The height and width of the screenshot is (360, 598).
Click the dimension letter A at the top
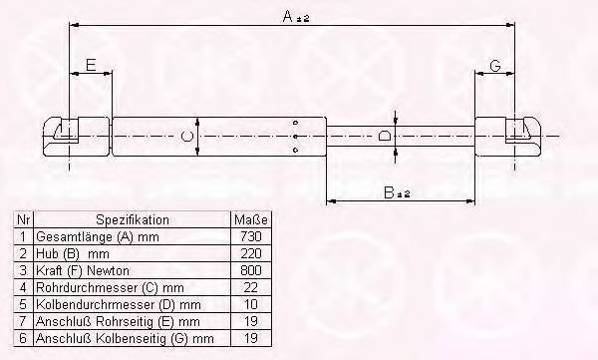point(288,16)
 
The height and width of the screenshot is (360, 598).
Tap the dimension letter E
point(91,66)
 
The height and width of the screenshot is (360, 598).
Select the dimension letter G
point(495,66)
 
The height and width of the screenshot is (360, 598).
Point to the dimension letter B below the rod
point(389,192)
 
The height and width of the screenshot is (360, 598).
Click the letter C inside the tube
point(187,137)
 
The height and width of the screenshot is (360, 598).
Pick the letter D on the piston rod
point(383,136)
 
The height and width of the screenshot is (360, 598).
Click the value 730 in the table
point(251,236)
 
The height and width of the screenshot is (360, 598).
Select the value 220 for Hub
point(251,253)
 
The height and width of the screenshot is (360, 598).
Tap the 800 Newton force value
point(251,270)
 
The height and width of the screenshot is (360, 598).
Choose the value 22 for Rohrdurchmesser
point(251,287)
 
